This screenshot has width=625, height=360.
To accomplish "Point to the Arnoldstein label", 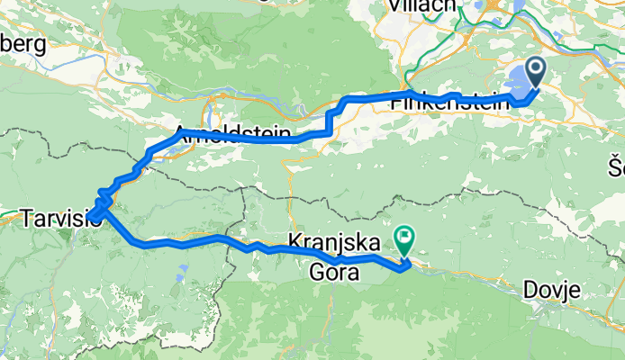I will click(x=233, y=136).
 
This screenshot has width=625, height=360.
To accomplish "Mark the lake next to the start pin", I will click(x=515, y=83).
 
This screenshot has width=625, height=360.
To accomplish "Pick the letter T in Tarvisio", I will click(x=26, y=217).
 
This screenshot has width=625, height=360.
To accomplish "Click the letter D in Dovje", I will click(x=530, y=290).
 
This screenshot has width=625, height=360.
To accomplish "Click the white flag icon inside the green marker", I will click(x=405, y=238).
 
